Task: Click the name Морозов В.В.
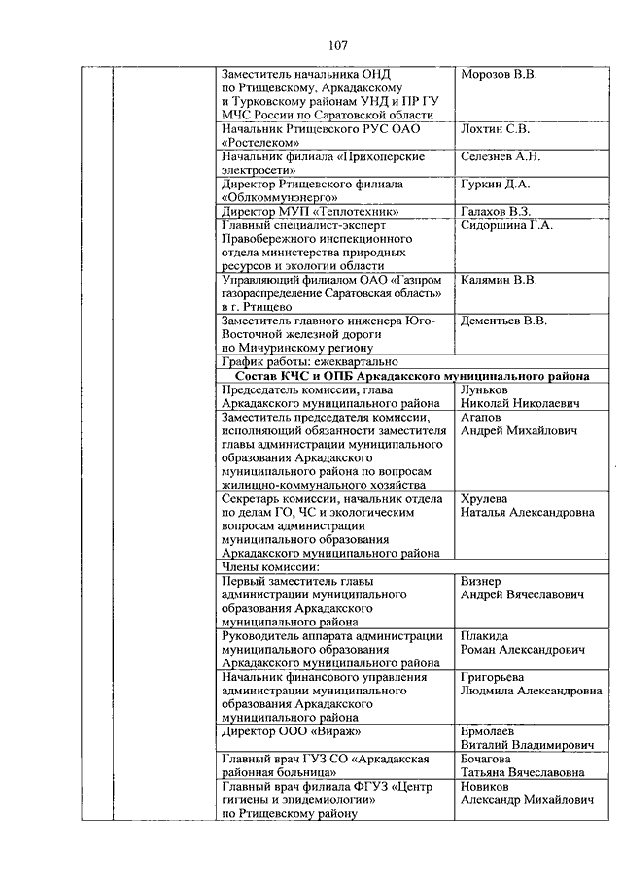point(499,75)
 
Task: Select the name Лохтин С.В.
point(495,128)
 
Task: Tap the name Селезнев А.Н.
point(501,156)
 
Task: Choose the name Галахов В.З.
point(496,211)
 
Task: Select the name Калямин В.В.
point(499,280)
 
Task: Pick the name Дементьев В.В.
point(503,321)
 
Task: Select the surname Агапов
point(481,416)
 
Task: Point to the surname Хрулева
point(484,498)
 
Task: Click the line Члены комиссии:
point(271,566)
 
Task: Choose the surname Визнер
point(481,580)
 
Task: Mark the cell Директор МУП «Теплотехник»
point(310,211)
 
